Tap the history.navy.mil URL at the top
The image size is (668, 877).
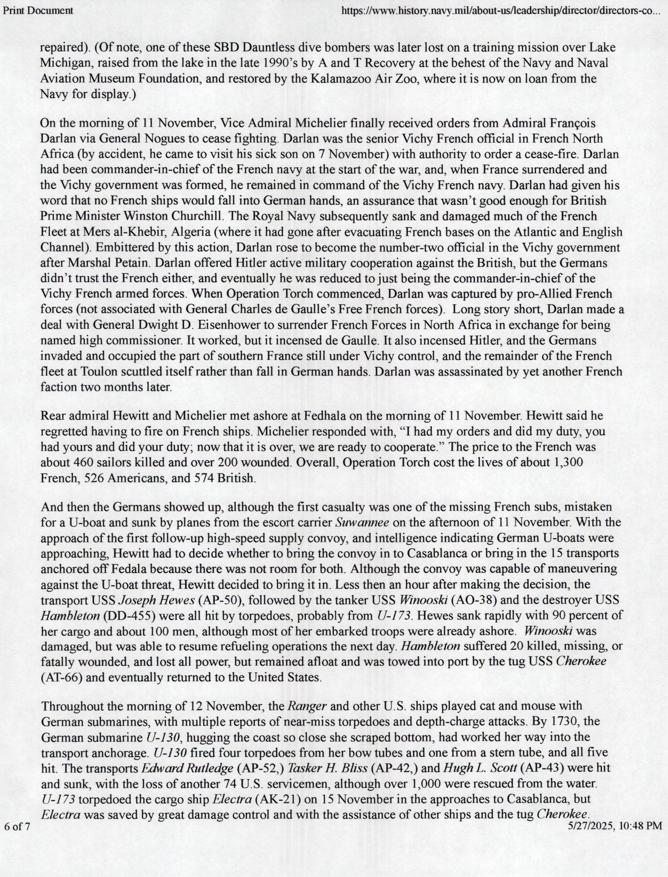500,11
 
